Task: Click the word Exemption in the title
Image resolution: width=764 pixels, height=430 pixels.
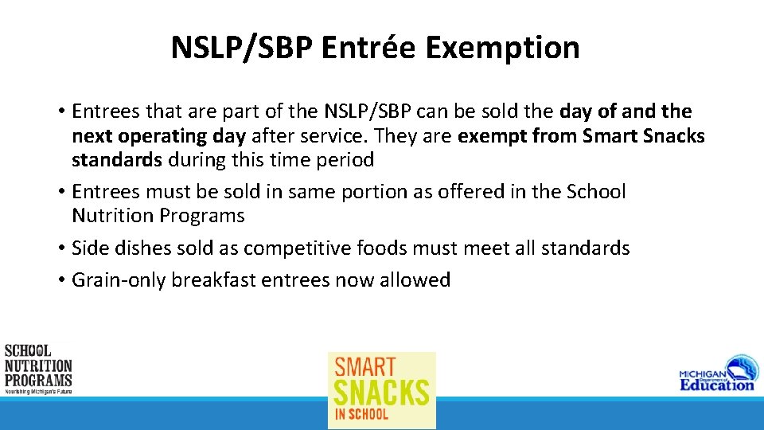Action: tap(502, 48)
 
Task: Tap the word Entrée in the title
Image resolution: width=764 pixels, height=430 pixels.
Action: tap(370, 48)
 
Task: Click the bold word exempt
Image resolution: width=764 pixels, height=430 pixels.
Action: tap(490, 136)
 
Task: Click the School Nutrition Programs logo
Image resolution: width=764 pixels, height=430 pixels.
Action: tap(37, 369)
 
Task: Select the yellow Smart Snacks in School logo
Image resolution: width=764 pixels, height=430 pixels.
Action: tap(382, 390)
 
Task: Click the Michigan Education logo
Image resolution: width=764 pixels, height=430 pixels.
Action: tap(716, 373)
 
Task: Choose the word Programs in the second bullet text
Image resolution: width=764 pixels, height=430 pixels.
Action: tap(202, 216)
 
